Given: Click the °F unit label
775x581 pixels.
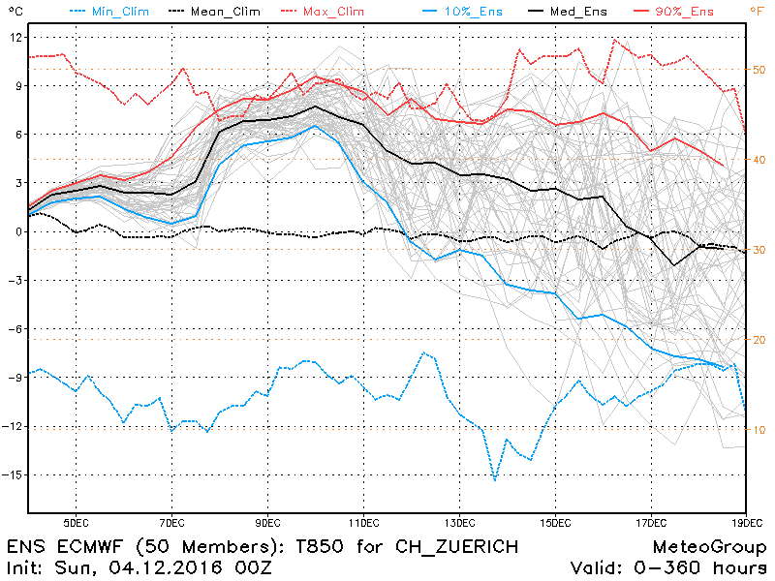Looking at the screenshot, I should click(757, 11).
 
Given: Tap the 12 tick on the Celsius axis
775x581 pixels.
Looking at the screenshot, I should click(15, 37).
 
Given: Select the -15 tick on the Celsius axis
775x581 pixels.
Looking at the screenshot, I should click(13, 475).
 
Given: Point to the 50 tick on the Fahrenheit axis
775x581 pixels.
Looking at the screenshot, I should click(759, 70).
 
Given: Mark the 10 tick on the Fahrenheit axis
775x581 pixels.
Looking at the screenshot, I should click(759, 429).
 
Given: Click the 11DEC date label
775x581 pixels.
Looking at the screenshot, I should click(363, 523).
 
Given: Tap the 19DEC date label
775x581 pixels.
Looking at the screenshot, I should click(745, 523).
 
